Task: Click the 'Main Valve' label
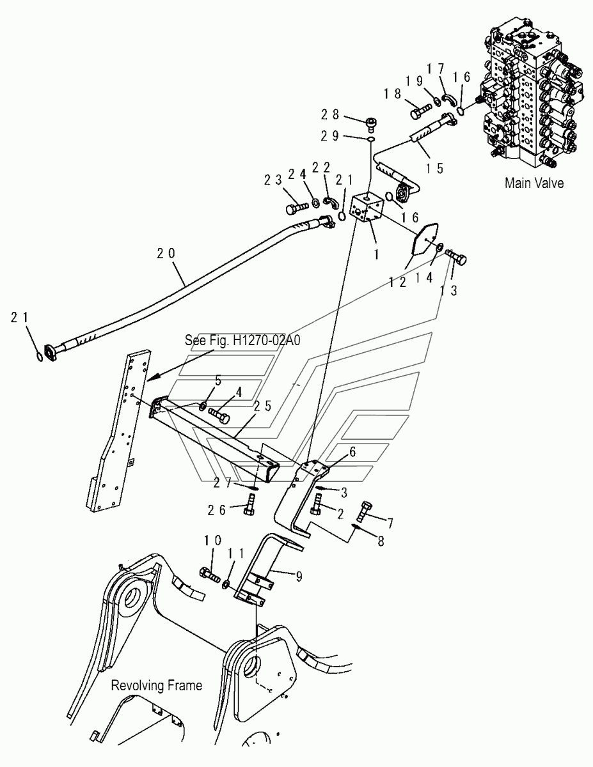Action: pyautogui.click(x=534, y=183)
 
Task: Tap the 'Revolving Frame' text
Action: pyautogui.click(x=157, y=686)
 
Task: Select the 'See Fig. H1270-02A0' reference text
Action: pyautogui.click(x=242, y=340)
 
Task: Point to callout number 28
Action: pyautogui.click(x=329, y=115)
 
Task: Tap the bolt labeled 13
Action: pyautogui.click(x=459, y=258)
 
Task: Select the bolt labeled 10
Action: pyautogui.click(x=210, y=573)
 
